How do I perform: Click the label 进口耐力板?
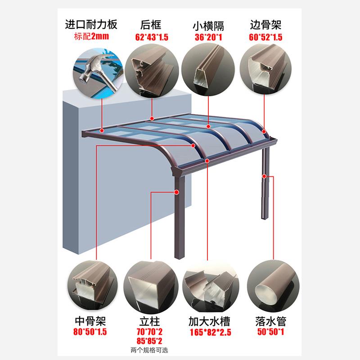pyautogui.click(x=91, y=24)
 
